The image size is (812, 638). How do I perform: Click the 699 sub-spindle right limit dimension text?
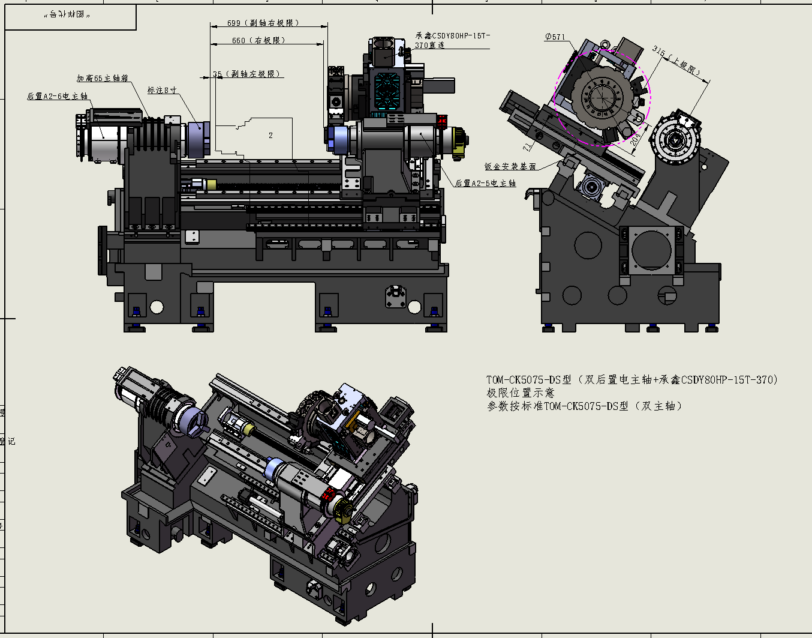coord(263,23)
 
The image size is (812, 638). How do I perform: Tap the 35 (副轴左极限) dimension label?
coord(246,74)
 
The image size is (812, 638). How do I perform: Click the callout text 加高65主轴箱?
coord(103,78)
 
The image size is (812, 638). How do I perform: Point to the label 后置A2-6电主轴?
coord(58,96)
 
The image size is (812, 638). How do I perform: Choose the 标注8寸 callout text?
coord(162,90)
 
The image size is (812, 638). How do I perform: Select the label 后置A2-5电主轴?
coord(485,183)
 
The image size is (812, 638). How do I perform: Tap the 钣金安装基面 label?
coord(510,166)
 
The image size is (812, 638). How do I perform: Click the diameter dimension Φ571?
coord(555,37)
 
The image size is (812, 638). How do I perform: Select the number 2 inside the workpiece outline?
coord(270,135)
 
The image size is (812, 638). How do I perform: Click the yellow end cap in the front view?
coord(459,143)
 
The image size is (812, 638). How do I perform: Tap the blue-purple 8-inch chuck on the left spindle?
coord(197,139)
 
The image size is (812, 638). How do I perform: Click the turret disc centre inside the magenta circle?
coord(602,98)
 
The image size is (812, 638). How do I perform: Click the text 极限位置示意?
coord(520,393)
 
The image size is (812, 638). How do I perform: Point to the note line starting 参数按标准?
coord(584,406)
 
